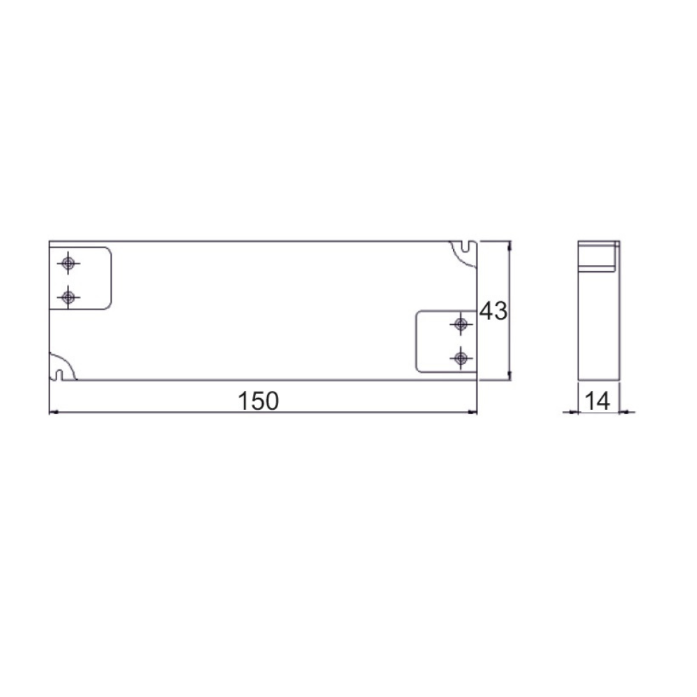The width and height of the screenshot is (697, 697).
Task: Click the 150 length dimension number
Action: (259, 401)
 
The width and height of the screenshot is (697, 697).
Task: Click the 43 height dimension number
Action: (493, 311)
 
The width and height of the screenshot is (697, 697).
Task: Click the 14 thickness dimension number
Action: (597, 401)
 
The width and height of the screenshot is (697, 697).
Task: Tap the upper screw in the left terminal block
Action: (68, 263)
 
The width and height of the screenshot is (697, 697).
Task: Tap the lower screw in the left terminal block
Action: (68, 297)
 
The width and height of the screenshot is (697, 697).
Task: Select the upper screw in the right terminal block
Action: (461, 324)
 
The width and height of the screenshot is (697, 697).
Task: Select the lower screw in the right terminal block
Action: (461, 358)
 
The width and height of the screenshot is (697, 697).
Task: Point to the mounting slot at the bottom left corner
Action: (59, 375)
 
